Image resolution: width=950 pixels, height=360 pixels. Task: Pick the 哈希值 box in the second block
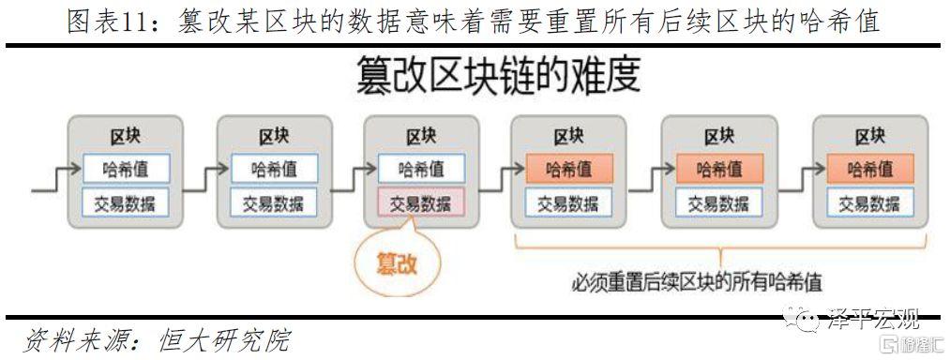pos(273,169)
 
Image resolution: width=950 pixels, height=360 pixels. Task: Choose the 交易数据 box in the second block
pos(273,202)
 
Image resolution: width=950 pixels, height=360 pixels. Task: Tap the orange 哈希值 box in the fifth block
pos(718,169)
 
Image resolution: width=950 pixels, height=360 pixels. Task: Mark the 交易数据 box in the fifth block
pos(718,202)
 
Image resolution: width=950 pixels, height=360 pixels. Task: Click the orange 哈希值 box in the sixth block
pos(869,169)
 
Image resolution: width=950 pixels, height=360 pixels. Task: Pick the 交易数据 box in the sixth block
pos(869,202)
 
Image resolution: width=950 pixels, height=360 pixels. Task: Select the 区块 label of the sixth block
pos(869,137)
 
